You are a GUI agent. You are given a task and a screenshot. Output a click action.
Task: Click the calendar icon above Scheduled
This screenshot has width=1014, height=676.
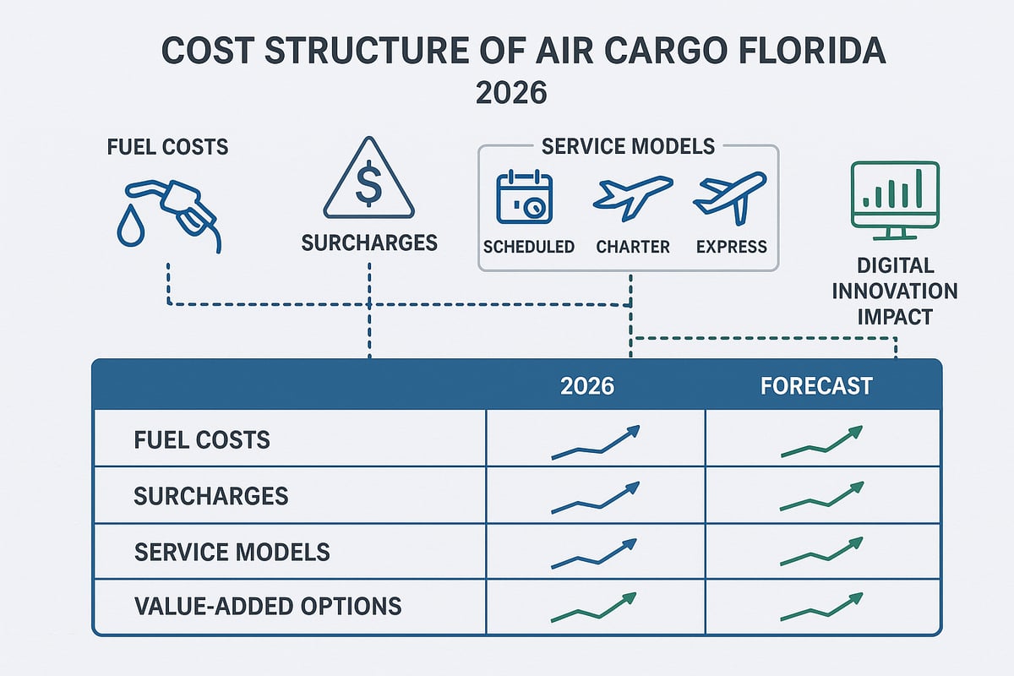524,199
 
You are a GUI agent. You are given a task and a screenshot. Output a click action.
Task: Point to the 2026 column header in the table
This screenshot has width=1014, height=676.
587,386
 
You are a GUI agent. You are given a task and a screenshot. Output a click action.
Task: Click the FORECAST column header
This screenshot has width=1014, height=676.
816,386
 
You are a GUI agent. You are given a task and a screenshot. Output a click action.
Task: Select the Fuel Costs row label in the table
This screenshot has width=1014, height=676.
202,439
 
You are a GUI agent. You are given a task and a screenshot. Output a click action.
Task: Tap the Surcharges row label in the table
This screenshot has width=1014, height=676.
211,496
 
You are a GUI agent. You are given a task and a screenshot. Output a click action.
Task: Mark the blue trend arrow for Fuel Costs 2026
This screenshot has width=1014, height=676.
596,443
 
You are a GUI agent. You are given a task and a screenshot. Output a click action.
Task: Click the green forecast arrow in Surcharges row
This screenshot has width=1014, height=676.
821,498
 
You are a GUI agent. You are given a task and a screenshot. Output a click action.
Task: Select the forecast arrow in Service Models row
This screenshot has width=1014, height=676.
821,553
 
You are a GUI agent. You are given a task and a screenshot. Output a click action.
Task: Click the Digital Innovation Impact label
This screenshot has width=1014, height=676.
895,292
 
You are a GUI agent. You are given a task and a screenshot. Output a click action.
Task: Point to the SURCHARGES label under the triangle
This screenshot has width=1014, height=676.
369,243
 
